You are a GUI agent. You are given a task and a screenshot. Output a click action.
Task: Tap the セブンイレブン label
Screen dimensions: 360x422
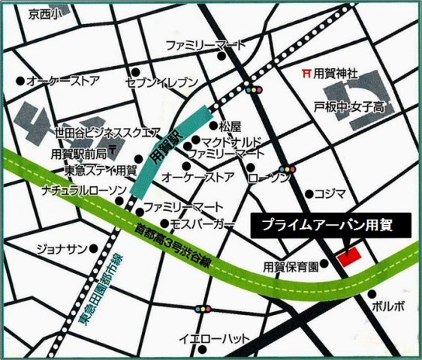pyautogui.click(x=161, y=82)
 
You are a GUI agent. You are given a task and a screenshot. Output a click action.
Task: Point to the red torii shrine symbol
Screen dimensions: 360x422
pyautogui.click(x=305, y=73)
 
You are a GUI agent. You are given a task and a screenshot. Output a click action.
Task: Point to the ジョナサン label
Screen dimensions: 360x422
pyautogui.click(x=64, y=248)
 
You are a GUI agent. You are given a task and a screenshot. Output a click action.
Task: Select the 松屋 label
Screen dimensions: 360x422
pyautogui.click(x=229, y=125)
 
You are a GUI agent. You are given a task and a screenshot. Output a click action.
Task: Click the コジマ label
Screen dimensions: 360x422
pyautogui.click(x=329, y=193)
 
